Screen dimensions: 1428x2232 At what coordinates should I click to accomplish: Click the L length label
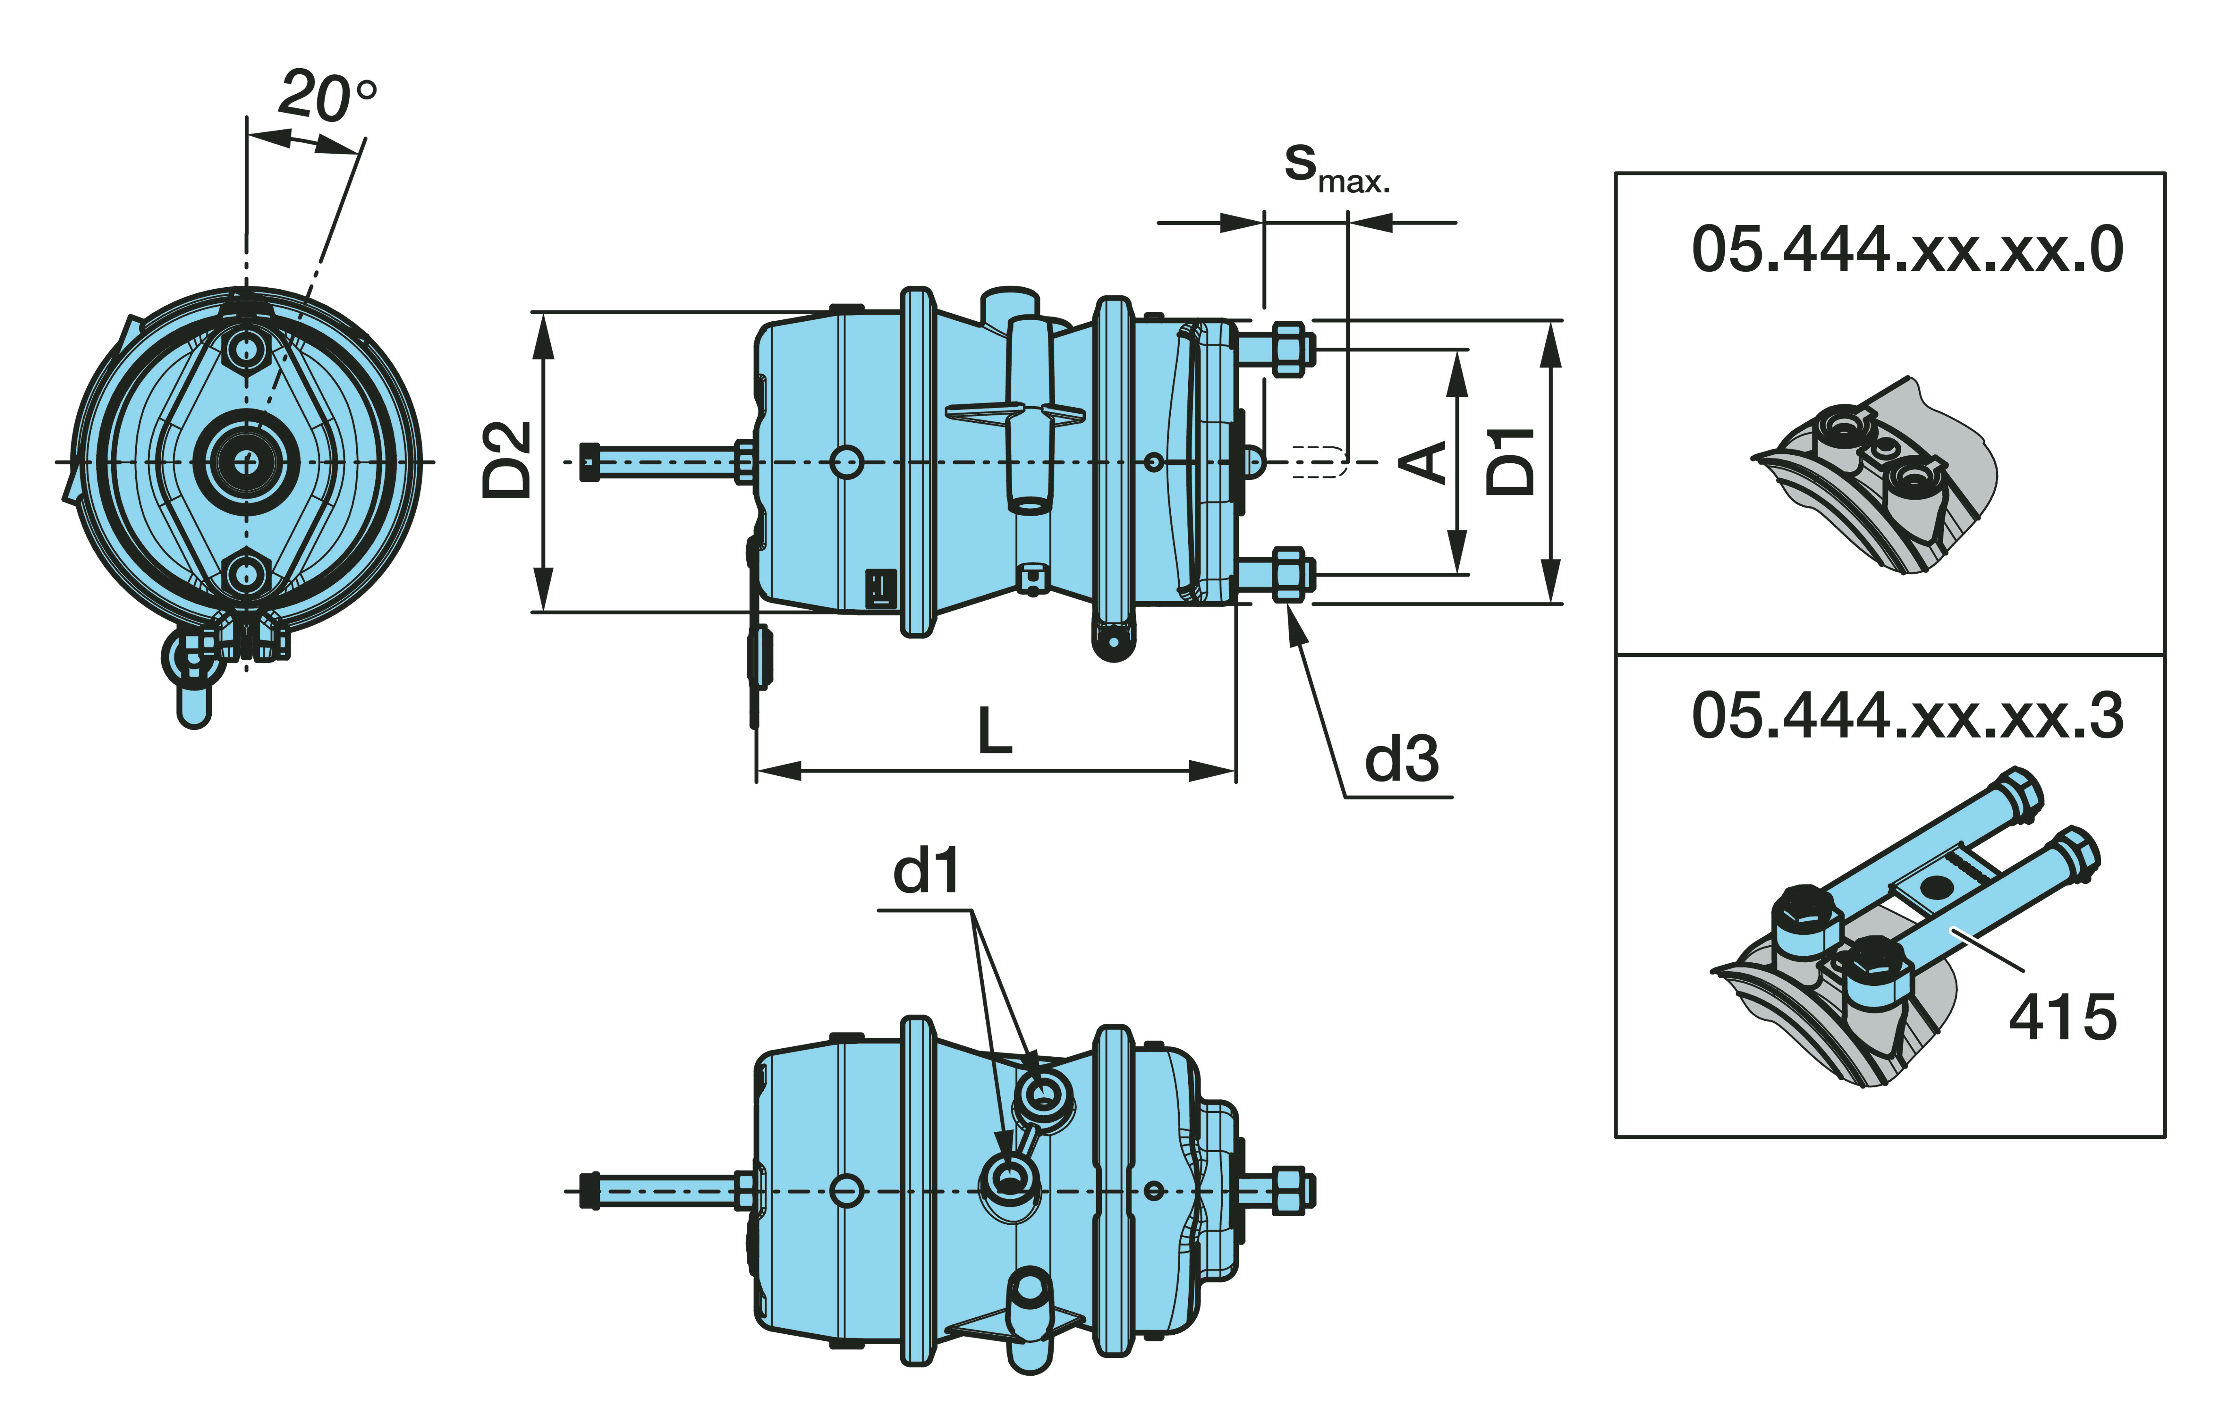pyautogui.click(x=995, y=731)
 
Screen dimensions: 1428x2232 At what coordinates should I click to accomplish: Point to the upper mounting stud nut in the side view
pyautogui.click(x=1288, y=350)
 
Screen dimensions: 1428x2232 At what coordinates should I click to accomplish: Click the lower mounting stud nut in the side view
pyautogui.click(x=1288, y=575)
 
